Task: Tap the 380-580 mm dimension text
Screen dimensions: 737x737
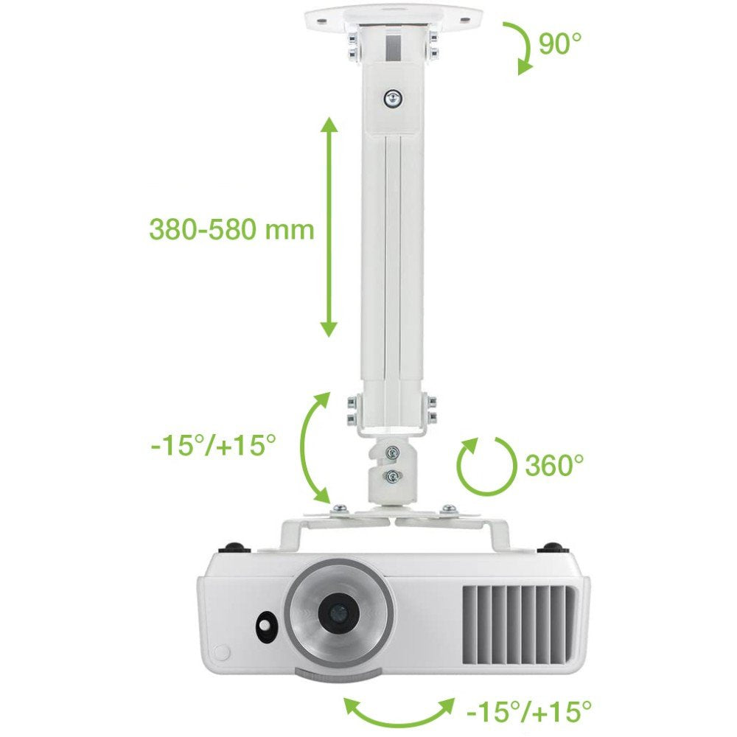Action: coord(231,229)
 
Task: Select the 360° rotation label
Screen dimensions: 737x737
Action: coord(554,465)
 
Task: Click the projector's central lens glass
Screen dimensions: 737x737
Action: coord(338,613)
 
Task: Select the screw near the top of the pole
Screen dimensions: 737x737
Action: coord(396,97)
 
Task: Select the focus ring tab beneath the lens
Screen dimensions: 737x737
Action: coord(338,674)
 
